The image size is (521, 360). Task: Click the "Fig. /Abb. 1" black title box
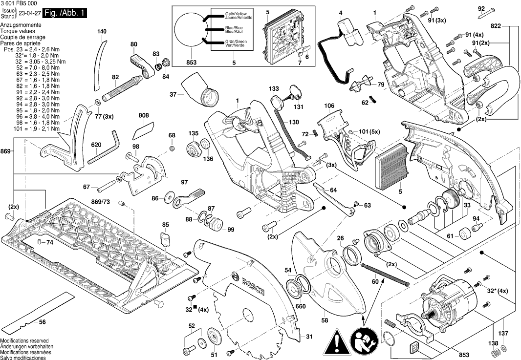click(65, 13)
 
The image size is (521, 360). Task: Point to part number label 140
click(101, 32)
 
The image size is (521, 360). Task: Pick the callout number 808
click(143, 116)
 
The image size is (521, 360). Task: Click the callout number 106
click(328, 106)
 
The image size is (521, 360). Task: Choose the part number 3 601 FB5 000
click(19, 3)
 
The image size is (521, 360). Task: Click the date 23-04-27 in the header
click(29, 13)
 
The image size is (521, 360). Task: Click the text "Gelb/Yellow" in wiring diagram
click(236, 11)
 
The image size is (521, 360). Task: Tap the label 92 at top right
click(481, 8)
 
